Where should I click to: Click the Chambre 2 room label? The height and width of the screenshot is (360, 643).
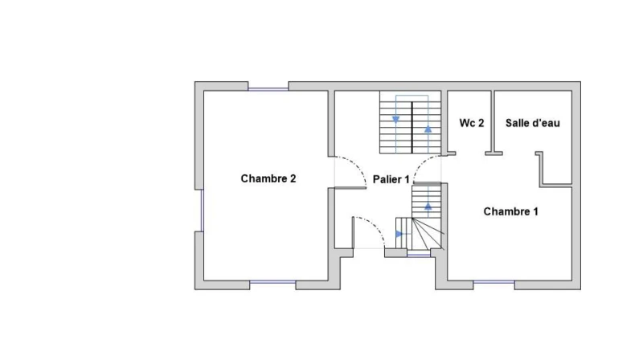click(268, 178)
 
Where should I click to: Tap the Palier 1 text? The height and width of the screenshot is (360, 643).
click(391, 179)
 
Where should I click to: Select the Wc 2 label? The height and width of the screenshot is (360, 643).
click(472, 123)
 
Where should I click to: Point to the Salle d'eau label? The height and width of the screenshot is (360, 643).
click(532, 123)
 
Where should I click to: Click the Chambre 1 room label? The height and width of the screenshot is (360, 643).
click(510, 211)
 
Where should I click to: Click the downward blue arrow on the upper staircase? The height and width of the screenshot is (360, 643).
click(395, 120)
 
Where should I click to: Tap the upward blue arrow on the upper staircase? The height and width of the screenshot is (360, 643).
click(428, 129)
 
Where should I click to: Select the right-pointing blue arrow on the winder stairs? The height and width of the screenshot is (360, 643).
click(399, 234)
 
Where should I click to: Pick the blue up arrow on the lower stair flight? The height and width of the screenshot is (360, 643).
click(428, 207)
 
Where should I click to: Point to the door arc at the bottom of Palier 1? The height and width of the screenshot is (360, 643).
click(375, 224)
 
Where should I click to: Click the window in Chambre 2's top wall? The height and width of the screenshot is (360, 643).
click(268, 89)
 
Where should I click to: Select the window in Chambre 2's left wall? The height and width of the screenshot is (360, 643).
click(202, 210)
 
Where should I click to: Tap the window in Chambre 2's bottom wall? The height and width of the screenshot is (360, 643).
click(272, 282)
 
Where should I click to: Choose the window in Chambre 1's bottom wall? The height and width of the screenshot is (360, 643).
click(494, 282)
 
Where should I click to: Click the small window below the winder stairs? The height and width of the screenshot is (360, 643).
click(419, 256)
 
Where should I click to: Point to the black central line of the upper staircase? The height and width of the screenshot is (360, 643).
click(412, 127)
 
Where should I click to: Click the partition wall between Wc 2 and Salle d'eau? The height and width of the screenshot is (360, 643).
click(493, 121)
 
